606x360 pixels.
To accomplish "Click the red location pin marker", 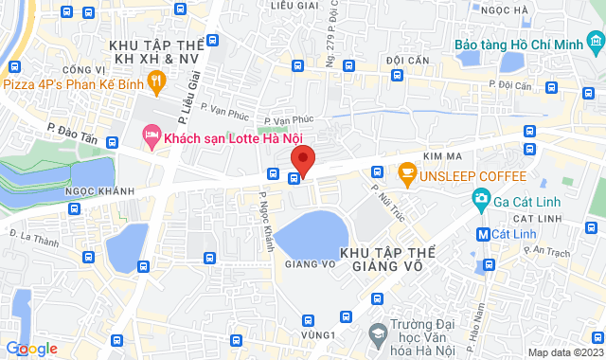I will pos(302,158).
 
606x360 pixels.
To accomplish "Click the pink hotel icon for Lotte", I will pos(150,137).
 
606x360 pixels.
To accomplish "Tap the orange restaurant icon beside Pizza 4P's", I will pos(161,83).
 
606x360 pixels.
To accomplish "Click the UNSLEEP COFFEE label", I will pos(473,175).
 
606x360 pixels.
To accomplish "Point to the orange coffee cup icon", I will pos(407,172).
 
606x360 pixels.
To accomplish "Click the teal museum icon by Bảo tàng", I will pos(595,43).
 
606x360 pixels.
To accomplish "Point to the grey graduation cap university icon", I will pos(378,333).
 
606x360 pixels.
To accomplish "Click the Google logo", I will pos(31,349).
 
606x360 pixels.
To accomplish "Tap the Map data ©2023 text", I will pos(565,352).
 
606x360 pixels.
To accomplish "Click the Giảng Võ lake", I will pos(312,232).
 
